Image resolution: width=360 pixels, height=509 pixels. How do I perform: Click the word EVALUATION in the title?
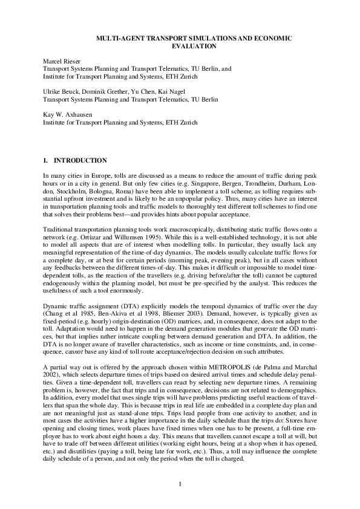click(194, 45)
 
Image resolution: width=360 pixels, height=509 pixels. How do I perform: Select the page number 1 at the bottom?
click(180, 482)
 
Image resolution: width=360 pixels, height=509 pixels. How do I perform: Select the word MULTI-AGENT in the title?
click(120, 38)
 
